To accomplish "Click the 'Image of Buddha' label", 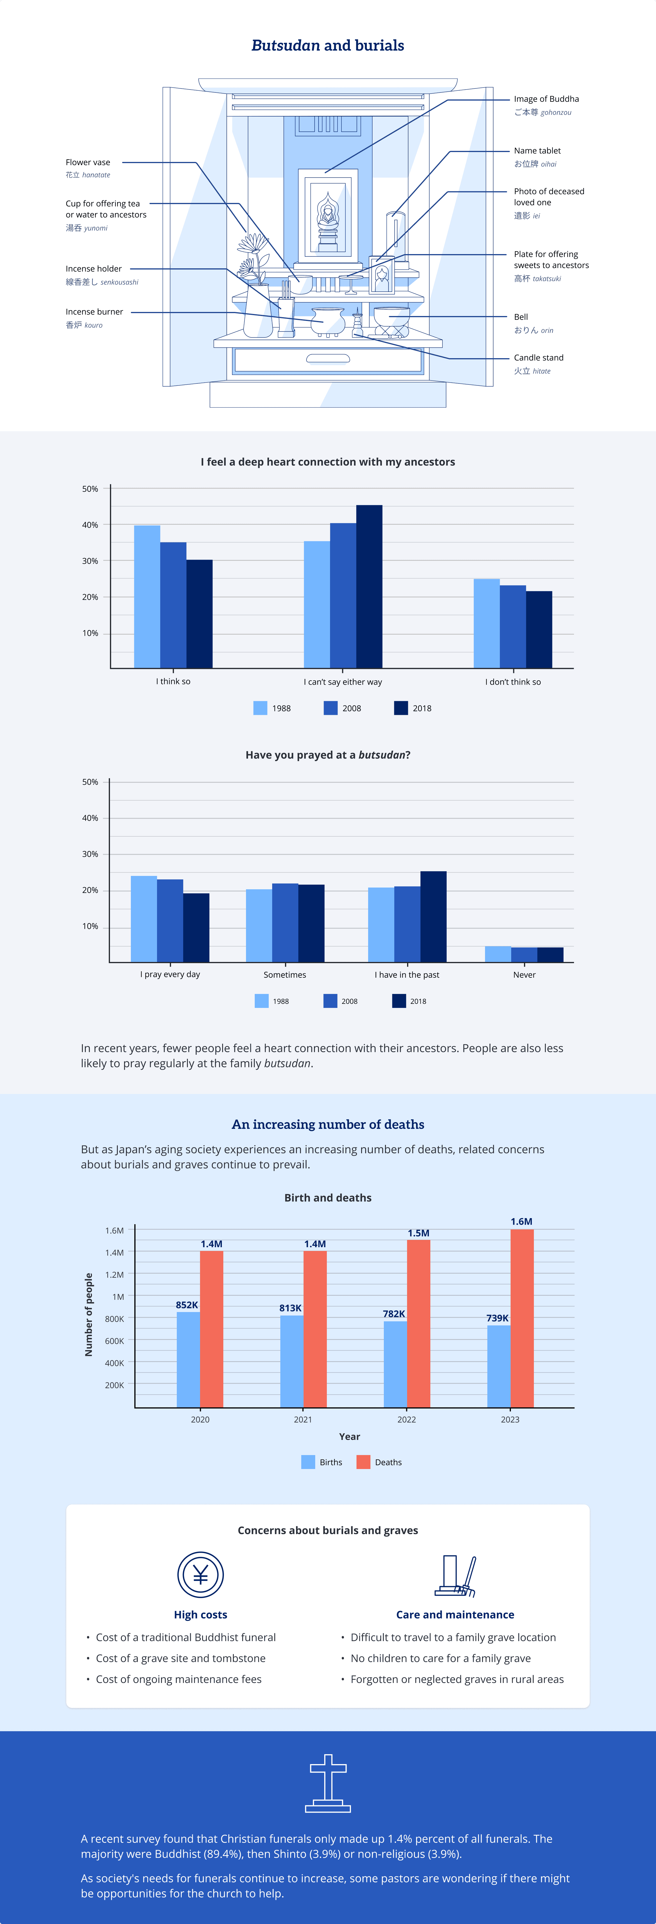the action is coord(546,99).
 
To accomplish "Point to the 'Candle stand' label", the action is coord(539,358).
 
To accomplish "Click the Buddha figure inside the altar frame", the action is coord(327,217).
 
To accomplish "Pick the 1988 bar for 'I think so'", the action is coord(147,597).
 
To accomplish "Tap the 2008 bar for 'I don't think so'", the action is coord(513,627).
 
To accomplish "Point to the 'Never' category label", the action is coord(525,975).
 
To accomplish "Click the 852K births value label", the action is coord(187,1305).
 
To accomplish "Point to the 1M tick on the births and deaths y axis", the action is coord(118,1297).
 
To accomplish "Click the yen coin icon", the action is coord(200,1575).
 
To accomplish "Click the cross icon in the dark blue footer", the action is coord(328,1784).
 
